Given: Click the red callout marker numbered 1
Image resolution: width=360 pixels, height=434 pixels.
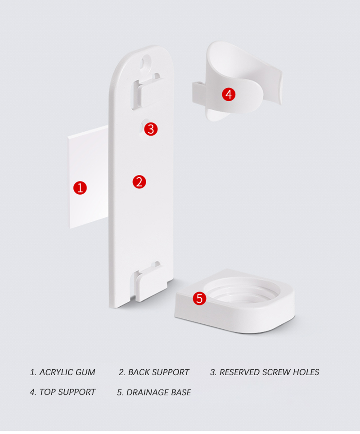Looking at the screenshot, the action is click(x=80, y=188).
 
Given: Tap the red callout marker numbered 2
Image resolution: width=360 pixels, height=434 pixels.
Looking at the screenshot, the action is click(x=139, y=182).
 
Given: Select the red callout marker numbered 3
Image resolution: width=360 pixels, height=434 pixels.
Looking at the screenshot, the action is click(x=151, y=129).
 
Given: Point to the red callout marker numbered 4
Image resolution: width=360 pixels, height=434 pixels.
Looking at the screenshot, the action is click(x=229, y=94).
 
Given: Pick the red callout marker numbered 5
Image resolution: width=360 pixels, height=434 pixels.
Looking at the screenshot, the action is click(x=199, y=298).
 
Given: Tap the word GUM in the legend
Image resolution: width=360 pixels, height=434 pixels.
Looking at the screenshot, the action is click(x=85, y=372).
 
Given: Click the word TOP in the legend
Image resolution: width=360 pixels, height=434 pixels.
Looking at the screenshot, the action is click(x=47, y=392).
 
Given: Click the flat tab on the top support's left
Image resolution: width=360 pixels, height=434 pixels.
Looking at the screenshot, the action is click(x=199, y=93).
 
